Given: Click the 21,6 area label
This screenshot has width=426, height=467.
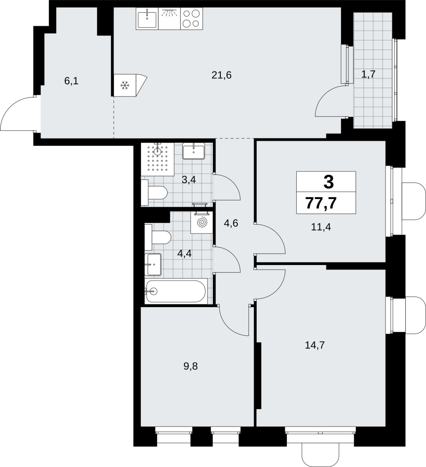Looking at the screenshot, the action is coord(221,75).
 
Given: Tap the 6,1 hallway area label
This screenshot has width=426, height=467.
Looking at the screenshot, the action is coord(71,81).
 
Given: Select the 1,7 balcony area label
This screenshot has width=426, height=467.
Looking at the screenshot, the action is coord(368,74).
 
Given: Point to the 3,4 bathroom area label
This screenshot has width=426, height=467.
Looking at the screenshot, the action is coord(188,180).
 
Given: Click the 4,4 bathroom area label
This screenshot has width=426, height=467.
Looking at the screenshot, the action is coord(184,253).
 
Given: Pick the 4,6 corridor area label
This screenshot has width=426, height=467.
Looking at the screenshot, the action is coord(231,223).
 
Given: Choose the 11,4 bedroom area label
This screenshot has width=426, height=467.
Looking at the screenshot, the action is coord(321,227).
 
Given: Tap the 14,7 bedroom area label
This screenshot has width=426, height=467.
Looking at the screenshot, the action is coord(315,345).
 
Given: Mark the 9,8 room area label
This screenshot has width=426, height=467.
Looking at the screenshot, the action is coord(191,366).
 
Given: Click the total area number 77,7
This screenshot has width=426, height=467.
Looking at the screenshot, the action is coord(321,203).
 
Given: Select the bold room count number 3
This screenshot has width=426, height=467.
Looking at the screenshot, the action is coord(329,182).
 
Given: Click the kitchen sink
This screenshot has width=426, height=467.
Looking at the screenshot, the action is coord(147,19).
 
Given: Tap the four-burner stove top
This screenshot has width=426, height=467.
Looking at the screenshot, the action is coord(192,19).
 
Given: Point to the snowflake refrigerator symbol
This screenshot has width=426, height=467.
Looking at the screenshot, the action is coord(125,86).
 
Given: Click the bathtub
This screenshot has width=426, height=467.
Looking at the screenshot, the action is coord(176,291).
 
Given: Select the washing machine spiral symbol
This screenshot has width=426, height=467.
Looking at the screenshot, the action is coord(202,223).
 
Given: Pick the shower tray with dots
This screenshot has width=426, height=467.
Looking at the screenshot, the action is coord(158,159).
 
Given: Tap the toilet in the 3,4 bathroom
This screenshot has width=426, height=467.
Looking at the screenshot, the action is coord(154,193).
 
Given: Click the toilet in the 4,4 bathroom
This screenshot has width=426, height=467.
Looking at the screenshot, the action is coord(158,237).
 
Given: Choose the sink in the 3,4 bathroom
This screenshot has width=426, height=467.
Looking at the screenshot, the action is coord(194,151).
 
